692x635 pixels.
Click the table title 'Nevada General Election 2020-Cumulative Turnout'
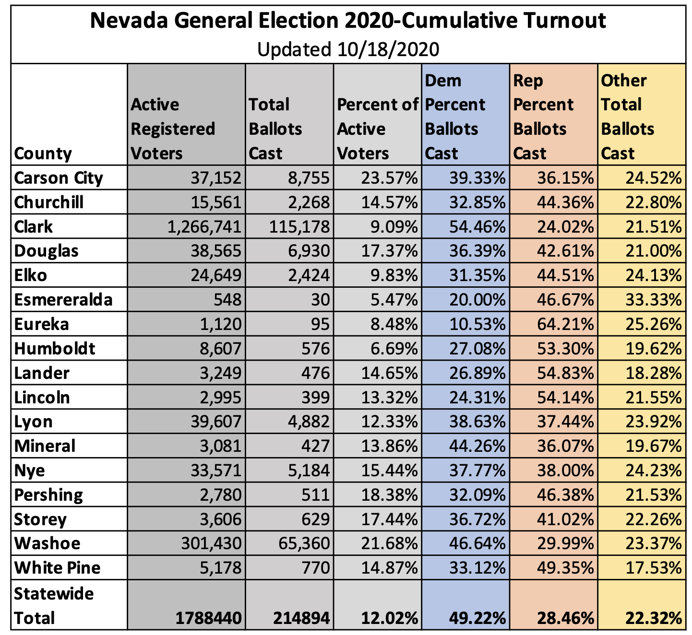coord(348,21)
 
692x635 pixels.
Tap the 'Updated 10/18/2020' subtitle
coord(348,49)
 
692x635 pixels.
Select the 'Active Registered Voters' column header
coord(173,129)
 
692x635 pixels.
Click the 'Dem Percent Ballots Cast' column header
coord(455,117)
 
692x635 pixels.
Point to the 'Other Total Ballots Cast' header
coord(627,117)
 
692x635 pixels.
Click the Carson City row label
coord(59,178)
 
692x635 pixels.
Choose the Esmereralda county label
coord(63,300)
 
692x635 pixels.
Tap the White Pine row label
coord(58,568)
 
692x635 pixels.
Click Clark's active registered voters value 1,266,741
coord(204,227)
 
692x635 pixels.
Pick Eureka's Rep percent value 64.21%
coord(565,324)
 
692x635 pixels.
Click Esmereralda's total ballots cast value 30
coord(320,300)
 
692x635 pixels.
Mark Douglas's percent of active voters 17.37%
coord(389,251)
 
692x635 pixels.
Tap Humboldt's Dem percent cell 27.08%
coord(477,349)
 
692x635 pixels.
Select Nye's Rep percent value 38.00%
coord(565,470)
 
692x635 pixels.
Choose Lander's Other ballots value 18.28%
coord(653,373)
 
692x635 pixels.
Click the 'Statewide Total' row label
coord(54,606)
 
